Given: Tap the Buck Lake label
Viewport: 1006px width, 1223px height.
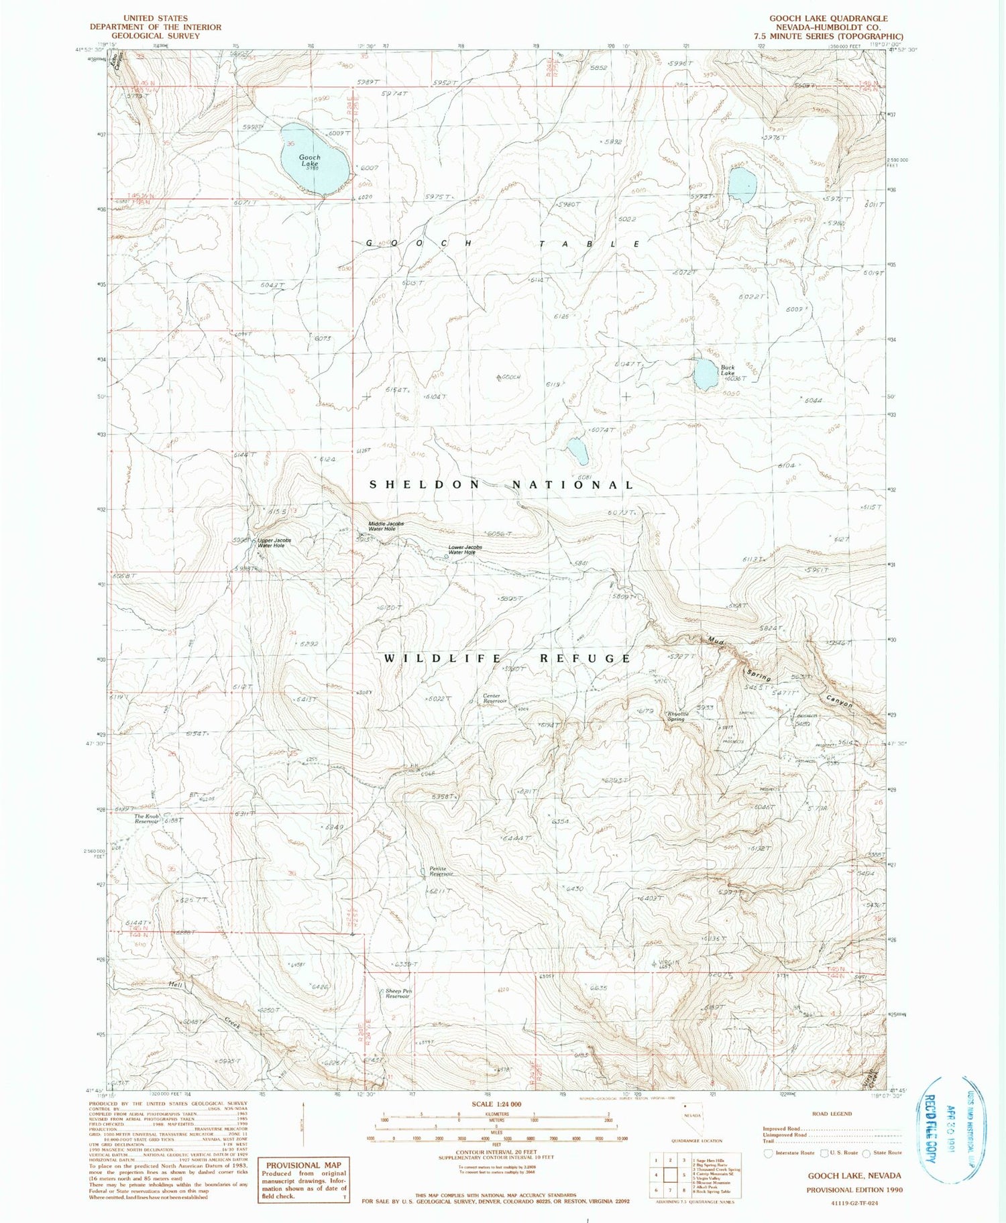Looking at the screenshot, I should pyautogui.click(x=728, y=369).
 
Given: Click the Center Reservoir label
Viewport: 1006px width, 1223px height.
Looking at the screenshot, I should pyautogui.click(x=496, y=699).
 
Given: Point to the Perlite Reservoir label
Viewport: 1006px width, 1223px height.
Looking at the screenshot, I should pyautogui.click(x=441, y=871).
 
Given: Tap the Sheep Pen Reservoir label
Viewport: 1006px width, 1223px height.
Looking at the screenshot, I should pyautogui.click(x=397, y=993).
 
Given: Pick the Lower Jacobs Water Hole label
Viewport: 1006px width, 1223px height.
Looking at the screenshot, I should pyautogui.click(x=465, y=550).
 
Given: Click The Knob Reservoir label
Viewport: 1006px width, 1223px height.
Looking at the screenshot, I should pyautogui.click(x=146, y=819).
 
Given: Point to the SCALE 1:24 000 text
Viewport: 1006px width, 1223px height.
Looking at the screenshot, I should pyautogui.click(x=497, y=1104).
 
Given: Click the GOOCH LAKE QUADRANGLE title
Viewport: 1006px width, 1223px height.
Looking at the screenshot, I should pyautogui.click(x=828, y=18).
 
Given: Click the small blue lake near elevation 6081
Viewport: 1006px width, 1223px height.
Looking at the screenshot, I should pyautogui.click(x=577, y=451).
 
